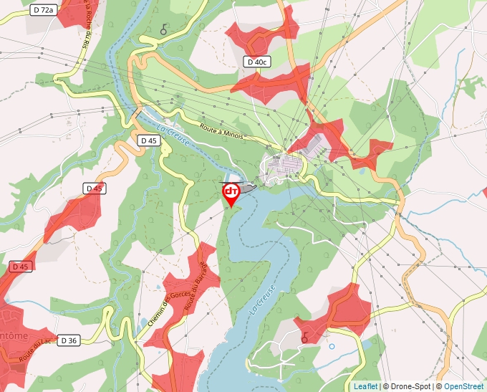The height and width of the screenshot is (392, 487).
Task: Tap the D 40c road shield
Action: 256,62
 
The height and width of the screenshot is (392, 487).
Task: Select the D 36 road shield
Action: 68,340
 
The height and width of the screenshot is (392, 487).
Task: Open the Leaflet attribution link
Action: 365,386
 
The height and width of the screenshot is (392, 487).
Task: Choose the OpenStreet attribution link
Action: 465,386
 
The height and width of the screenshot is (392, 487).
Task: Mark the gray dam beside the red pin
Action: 246,188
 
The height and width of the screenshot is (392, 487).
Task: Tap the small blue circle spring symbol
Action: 332,347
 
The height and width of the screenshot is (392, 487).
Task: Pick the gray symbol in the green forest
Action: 164,29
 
